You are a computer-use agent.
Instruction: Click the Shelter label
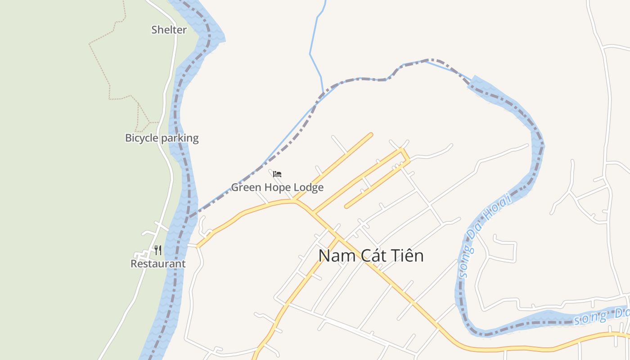pyautogui.click(x=169, y=30)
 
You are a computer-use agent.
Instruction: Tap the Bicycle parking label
pyautogui.click(x=162, y=138)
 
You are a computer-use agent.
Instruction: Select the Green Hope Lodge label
pyautogui.click(x=277, y=187)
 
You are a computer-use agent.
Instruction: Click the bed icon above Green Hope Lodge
pyautogui.click(x=277, y=174)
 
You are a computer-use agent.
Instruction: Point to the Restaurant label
pyautogui.click(x=158, y=264)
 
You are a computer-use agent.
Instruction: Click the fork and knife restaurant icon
pyautogui.click(x=158, y=250)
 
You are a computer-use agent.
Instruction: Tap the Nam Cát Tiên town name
pyautogui.click(x=371, y=256)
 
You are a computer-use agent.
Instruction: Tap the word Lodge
pyautogui.click(x=309, y=187)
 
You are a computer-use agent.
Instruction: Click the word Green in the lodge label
pyautogui.click(x=246, y=187)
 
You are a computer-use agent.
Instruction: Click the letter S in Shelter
pyautogui.click(x=154, y=30)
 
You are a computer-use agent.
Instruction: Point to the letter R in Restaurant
pyautogui.click(x=134, y=264)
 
